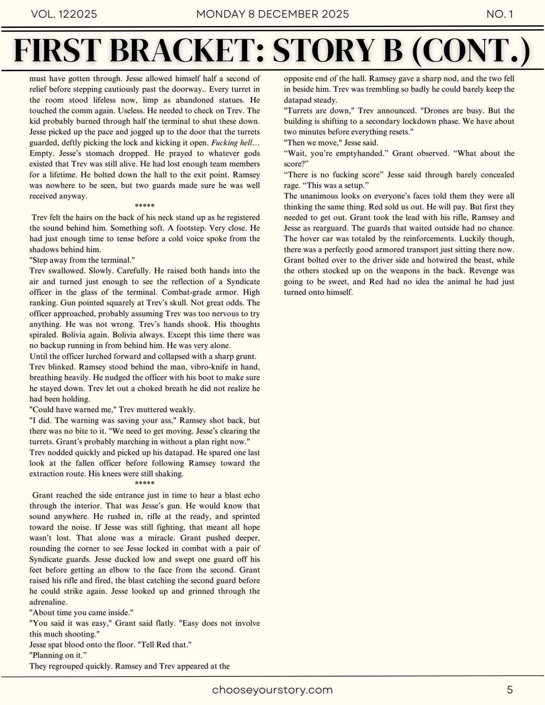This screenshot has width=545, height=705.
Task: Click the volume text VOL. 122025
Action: pos(64,14)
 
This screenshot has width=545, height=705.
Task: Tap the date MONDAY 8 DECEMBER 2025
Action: pos(272,14)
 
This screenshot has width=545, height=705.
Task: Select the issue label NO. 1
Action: pos(499,14)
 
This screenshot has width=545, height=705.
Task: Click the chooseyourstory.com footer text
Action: pos(272,690)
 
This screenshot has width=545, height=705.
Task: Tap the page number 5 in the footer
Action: pos(510,690)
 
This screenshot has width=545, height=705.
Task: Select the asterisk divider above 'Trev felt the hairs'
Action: pos(145,206)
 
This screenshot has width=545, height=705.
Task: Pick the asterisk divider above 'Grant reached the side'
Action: pos(145,484)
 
